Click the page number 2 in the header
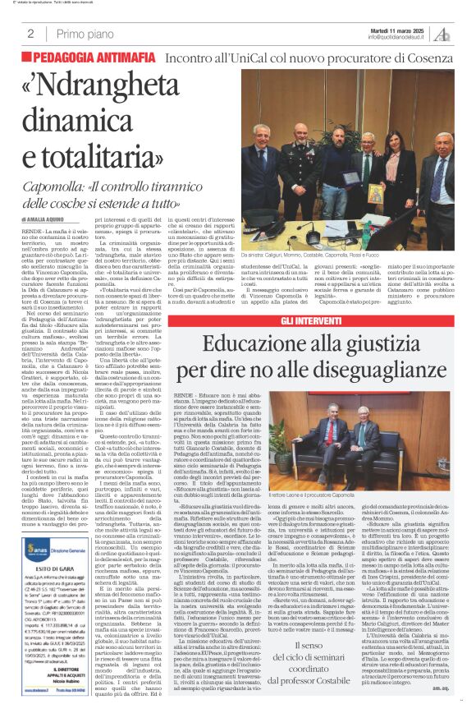(x=30, y=34)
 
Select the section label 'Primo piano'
(x=81, y=34)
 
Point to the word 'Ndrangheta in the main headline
(x=130, y=91)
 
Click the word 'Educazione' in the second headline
(x=272, y=339)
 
